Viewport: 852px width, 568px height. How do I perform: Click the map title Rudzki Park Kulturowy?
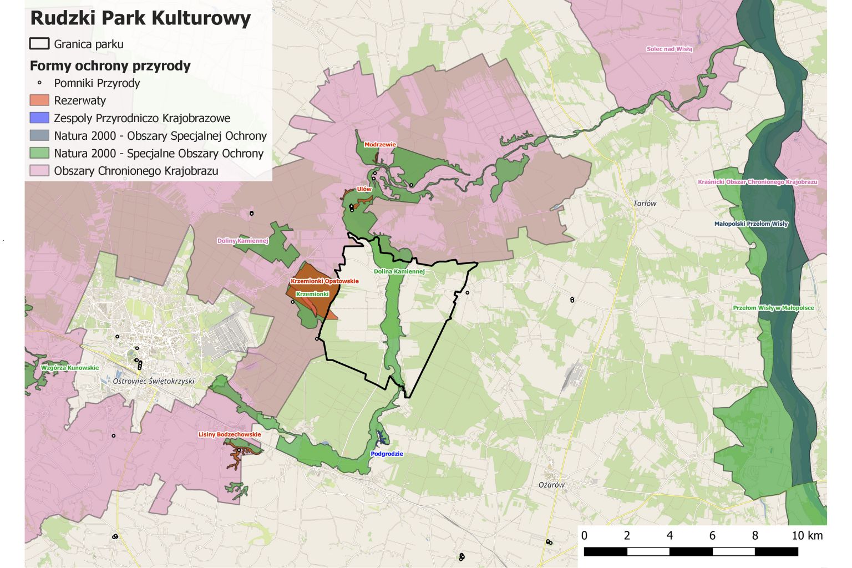coord(140,18)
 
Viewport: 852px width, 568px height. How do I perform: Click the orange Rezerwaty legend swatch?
coord(39,100)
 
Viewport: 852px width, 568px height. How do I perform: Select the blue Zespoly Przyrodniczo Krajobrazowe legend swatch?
coord(39,118)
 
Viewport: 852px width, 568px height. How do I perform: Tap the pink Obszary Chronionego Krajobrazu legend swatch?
coord(39,171)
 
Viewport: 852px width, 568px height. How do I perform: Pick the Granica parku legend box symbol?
coord(39,44)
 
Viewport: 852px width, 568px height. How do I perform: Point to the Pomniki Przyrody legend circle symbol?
coord(39,83)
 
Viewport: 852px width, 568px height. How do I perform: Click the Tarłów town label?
coord(645,204)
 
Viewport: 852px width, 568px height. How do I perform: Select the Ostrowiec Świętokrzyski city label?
coord(154,381)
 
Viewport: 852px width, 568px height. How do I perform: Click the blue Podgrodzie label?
coord(387,454)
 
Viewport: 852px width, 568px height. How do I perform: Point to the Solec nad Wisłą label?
coord(669,49)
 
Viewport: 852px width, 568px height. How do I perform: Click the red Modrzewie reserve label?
coord(380,145)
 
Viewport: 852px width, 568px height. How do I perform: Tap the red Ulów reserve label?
coord(364,189)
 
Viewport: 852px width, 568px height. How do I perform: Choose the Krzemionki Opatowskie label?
coord(324,281)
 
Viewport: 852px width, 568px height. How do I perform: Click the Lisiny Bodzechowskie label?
coord(230,434)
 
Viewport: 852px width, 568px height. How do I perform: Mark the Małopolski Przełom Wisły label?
coord(751,224)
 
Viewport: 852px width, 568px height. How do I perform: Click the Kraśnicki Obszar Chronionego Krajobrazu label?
coord(757,182)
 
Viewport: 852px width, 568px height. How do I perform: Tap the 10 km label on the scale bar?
coord(807,536)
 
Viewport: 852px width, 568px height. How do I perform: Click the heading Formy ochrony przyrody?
coord(110,65)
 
